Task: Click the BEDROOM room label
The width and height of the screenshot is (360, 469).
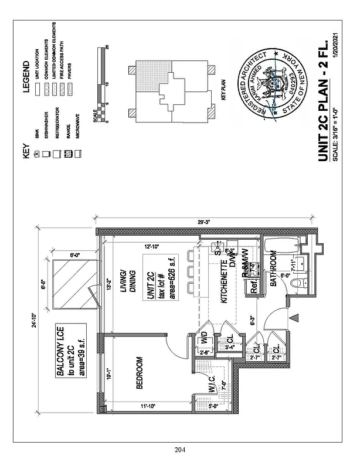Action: (140, 373)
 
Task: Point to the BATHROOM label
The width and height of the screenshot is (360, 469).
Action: (273, 270)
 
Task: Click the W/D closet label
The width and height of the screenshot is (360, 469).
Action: (204, 338)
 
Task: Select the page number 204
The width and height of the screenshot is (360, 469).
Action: (179, 450)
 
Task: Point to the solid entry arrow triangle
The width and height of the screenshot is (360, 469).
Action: (295, 317)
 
